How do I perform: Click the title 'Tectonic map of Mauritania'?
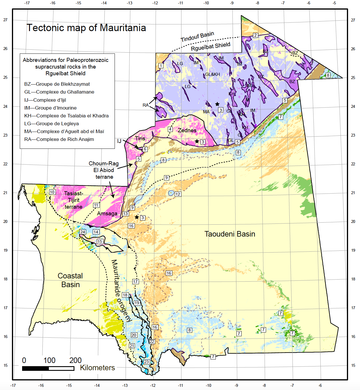pyautogui.click(x=86, y=28)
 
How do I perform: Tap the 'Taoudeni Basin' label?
pyautogui.click(x=229, y=234)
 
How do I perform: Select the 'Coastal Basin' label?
pyautogui.click(x=70, y=280)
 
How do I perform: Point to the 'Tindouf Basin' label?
pyautogui.click(x=197, y=37)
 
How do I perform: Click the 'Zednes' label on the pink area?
pyautogui.click(x=187, y=130)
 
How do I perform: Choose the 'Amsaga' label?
pyautogui.click(x=107, y=214)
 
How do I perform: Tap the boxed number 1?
pyautogui.click(x=161, y=66)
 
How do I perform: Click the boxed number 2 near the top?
pyautogui.click(x=255, y=35)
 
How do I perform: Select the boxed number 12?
pyautogui.click(x=178, y=194)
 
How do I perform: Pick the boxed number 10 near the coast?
pyautogui.click(x=52, y=192)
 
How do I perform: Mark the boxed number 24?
pyautogui.click(x=83, y=232)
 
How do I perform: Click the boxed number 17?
pyautogui.click(x=135, y=282)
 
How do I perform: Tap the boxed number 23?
pyautogui.click(x=146, y=362)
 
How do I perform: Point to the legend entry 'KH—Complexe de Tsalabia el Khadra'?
pyautogui.click(x=66, y=116)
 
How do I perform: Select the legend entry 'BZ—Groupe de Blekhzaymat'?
pyautogui.click(x=57, y=84)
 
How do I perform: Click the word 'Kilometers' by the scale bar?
pyautogui.click(x=97, y=368)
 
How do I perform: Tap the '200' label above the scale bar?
pyautogui.click(x=75, y=360)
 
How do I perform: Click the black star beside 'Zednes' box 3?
pyautogui.click(x=197, y=141)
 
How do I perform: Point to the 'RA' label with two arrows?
pyautogui.click(x=145, y=105)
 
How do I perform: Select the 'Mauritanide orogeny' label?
pyautogui.click(x=121, y=291)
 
